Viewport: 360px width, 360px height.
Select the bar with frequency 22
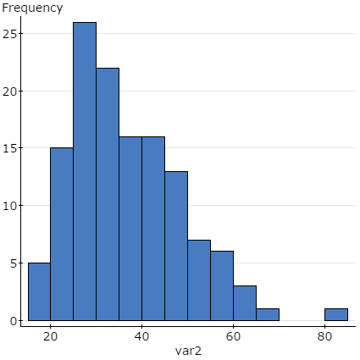click(x=108, y=194)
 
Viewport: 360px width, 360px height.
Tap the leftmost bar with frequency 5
click(x=39, y=291)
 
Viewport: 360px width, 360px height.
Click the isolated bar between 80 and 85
click(x=336, y=314)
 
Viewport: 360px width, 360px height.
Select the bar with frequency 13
click(x=176, y=246)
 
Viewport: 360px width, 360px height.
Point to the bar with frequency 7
click(x=199, y=280)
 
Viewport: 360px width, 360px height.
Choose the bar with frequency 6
click(x=222, y=285)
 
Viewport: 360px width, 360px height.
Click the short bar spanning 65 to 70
click(x=268, y=314)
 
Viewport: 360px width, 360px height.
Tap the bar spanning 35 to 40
click(x=130, y=229)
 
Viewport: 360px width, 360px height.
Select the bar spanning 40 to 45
click(x=153, y=229)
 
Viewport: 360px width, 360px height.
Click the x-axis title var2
click(x=189, y=351)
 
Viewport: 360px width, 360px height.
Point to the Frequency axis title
click(x=32, y=8)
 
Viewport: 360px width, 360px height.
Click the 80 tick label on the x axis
click(x=324, y=334)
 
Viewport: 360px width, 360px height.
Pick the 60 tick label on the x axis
click(x=233, y=334)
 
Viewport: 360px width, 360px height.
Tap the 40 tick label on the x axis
click(x=141, y=334)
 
